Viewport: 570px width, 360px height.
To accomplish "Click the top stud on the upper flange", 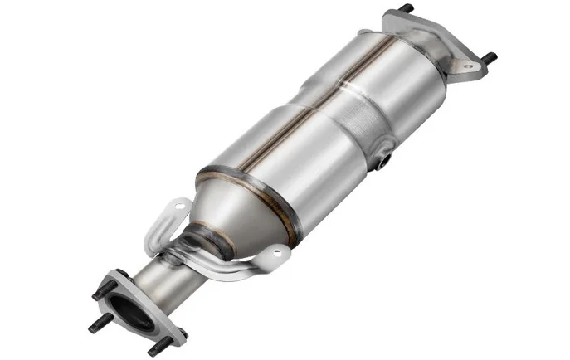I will (x=407, y=8).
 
